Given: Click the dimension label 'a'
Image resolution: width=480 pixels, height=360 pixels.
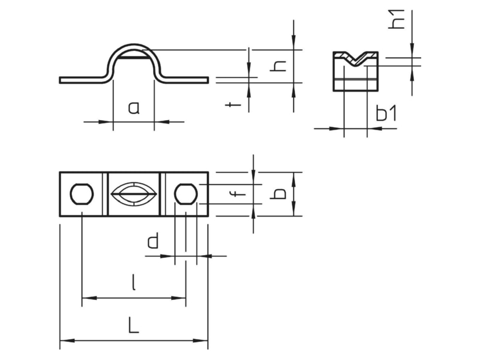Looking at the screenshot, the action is point(134,109).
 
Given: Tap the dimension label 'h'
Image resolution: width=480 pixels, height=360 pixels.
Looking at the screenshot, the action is point(278,66).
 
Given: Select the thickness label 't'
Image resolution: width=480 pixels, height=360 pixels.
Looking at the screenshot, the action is point(233,105).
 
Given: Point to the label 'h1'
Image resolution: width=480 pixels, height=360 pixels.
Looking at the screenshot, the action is point(396,19).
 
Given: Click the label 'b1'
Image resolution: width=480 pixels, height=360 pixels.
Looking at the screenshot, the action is point(386,113).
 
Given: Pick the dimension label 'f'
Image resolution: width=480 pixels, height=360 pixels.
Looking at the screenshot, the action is point(238,193).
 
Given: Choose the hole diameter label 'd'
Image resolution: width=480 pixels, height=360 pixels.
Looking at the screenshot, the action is point(153,241).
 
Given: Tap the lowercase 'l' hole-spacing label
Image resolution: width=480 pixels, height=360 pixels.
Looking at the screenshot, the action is point(133,282).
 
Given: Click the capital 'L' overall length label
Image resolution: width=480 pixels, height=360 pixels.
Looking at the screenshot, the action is point(133,325).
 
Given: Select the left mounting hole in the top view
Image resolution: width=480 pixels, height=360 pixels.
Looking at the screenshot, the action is point(82,194).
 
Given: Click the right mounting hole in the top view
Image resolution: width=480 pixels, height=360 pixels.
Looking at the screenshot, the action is point(186,194).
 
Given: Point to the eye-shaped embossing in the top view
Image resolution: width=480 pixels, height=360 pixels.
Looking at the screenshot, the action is point(134,194).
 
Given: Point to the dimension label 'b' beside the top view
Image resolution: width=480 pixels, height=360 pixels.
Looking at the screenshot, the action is point(278,194).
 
